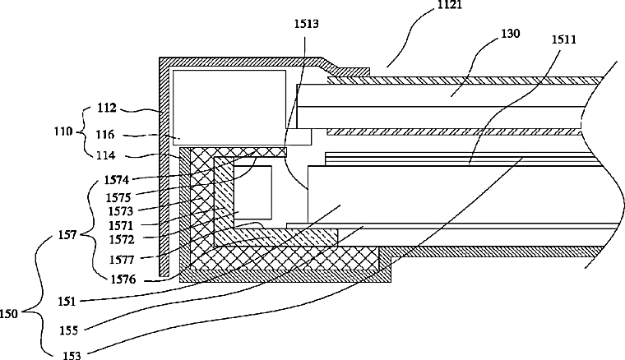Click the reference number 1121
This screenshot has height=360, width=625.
pyautogui.click(x=450, y=5)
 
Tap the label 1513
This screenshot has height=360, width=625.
pyautogui.click(x=307, y=24)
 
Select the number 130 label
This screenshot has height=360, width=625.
pyautogui.click(x=511, y=34)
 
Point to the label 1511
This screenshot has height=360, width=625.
pyautogui.click(x=564, y=39)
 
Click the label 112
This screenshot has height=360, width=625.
pyautogui.click(x=107, y=108)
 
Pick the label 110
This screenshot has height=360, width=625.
pyautogui.click(x=63, y=132)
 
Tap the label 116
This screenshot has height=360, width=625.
pyautogui.click(x=105, y=135)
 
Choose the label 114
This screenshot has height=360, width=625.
pyautogui.click(x=105, y=155)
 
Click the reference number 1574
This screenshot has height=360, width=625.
pyautogui.click(x=117, y=180)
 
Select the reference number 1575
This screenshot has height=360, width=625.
pyautogui.click(x=118, y=197)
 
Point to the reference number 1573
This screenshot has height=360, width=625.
pyautogui.click(x=120, y=210)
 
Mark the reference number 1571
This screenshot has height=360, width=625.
pyautogui.click(x=121, y=226)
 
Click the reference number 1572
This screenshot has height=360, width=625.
pyautogui.click(x=122, y=240)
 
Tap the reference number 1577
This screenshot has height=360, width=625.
pyautogui.click(x=123, y=260)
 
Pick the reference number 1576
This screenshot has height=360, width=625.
pyautogui.click(x=123, y=279)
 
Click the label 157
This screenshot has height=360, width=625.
pyautogui.click(x=67, y=235)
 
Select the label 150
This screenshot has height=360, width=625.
pyautogui.click(x=9, y=314)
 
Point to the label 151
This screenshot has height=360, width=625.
pyautogui.click(x=67, y=302)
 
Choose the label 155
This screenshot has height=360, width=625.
pyautogui.click(x=69, y=330)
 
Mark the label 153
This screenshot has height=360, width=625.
pyautogui.click(x=72, y=355)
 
